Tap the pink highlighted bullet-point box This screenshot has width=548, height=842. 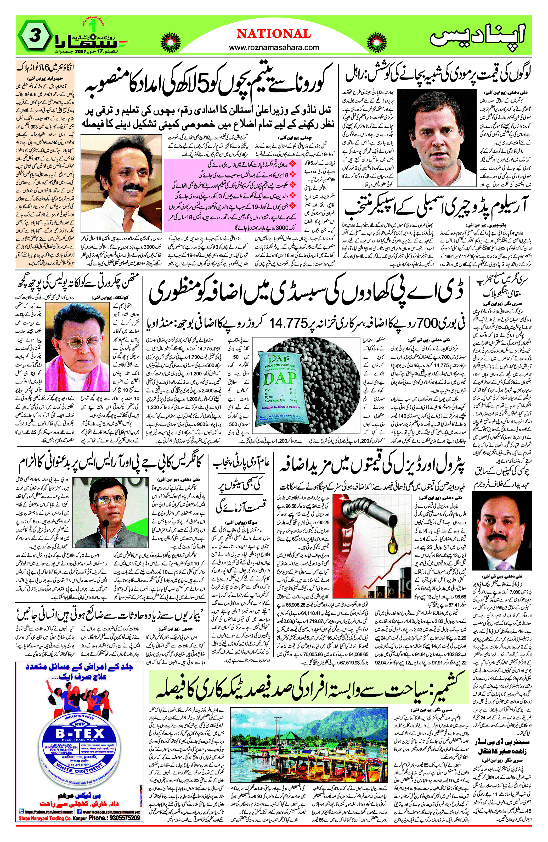[x=233, y=195]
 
